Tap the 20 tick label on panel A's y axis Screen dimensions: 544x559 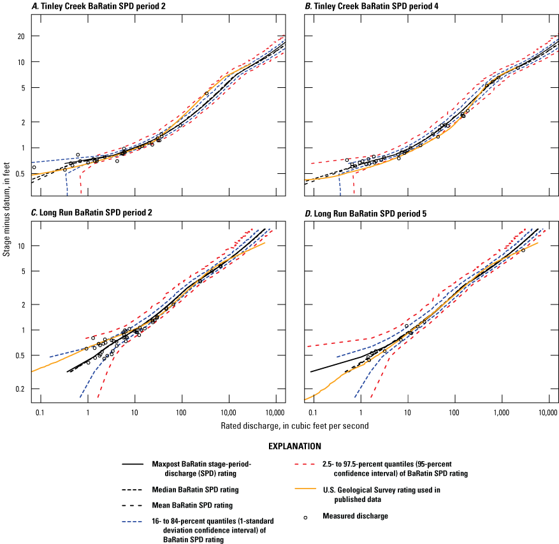(20, 36)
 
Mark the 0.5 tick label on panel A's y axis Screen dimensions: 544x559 (18, 174)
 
